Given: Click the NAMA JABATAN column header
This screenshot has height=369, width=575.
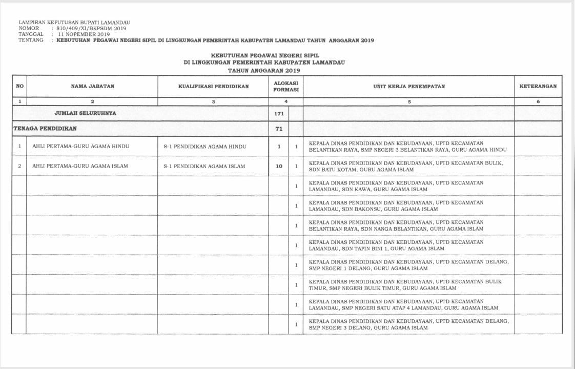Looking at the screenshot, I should pyautogui.click(x=92, y=87).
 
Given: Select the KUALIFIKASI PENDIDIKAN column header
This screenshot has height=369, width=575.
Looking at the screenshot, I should pyautogui.click(x=213, y=87).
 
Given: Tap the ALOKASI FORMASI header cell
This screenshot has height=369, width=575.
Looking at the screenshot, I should pyautogui.click(x=286, y=86).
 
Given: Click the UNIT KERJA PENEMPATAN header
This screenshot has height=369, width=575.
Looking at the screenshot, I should pyautogui.click(x=409, y=87).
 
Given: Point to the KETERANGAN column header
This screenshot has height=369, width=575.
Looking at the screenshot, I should pyautogui.click(x=538, y=87).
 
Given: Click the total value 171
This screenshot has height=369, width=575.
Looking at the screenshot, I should pyautogui.click(x=279, y=113).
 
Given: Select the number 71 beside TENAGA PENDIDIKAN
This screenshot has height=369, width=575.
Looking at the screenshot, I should pyautogui.click(x=279, y=129).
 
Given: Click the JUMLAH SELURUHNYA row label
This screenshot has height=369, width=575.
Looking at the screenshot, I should pyautogui.click(x=89, y=113).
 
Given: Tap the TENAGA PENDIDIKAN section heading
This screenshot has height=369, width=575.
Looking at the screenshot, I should pyautogui.click(x=45, y=129).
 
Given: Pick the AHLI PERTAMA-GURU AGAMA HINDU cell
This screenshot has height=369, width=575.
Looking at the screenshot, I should pyautogui.click(x=80, y=147).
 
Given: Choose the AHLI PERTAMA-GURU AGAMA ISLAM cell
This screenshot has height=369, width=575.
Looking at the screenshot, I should pyautogui.click(x=80, y=166).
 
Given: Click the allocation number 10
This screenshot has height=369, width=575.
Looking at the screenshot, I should pyautogui.click(x=279, y=166).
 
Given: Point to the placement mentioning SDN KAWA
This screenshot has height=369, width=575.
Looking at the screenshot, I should pyautogui.click(x=396, y=186).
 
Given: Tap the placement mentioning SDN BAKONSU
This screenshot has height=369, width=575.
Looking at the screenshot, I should pyautogui.click(x=396, y=206).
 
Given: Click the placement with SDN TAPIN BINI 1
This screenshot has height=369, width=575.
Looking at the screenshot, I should pyautogui.click(x=396, y=245).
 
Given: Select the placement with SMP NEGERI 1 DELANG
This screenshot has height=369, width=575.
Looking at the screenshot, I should pyautogui.click(x=408, y=265).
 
